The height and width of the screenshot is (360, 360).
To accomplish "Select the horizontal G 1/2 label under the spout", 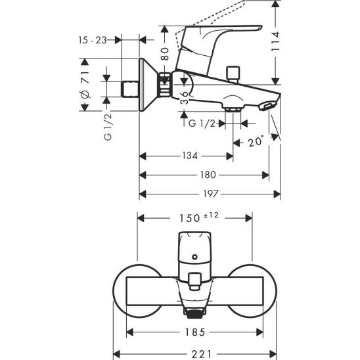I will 200,124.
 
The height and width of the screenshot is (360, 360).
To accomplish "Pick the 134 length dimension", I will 190,156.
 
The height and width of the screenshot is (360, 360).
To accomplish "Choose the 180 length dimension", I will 207,175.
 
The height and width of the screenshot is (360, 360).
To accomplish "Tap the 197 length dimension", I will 210,194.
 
